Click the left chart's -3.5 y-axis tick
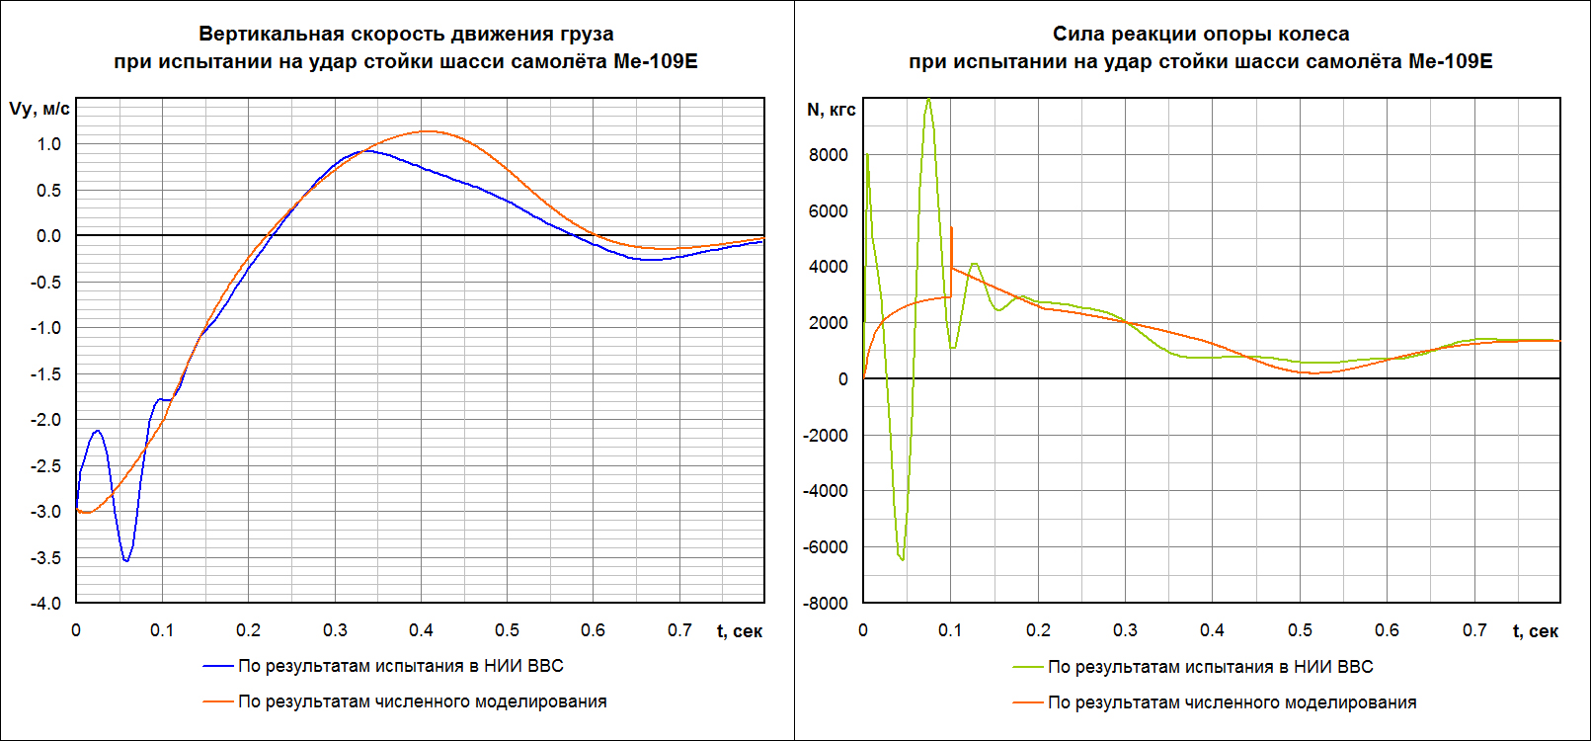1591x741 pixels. click(x=45, y=558)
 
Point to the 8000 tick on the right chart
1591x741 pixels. click(x=828, y=155)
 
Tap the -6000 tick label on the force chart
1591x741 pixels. click(x=826, y=547)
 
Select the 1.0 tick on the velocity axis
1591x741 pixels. click(x=49, y=144)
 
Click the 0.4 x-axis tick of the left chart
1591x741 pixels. click(x=421, y=630)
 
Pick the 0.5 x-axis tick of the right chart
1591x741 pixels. click(x=1300, y=630)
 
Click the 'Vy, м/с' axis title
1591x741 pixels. click(x=40, y=109)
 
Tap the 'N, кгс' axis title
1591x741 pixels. click(x=832, y=110)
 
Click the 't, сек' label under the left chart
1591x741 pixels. click(x=739, y=631)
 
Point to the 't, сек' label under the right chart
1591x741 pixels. click(x=1535, y=631)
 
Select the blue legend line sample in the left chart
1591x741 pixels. click(x=218, y=666)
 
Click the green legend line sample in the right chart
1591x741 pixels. click(x=1028, y=667)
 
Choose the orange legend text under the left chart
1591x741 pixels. click(x=423, y=701)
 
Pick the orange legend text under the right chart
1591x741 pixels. click(x=1232, y=702)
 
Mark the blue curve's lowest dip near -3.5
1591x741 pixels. click(x=125, y=561)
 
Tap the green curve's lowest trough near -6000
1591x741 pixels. click(x=902, y=560)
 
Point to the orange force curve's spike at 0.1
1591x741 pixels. click(x=951, y=228)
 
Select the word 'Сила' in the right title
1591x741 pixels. click(x=1074, y=34)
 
